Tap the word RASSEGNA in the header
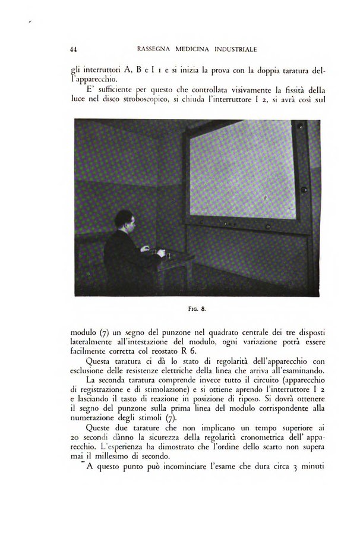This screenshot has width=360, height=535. pyautogui.click(x=154, y=48)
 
